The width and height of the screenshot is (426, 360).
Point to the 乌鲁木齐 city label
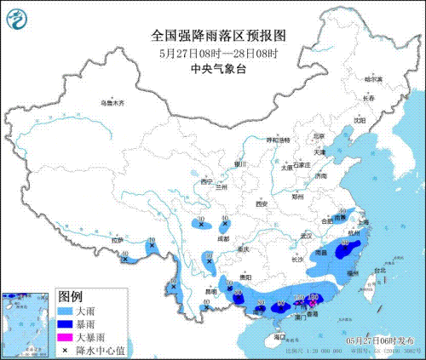coord(112,103)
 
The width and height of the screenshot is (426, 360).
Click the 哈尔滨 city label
coord(374,78)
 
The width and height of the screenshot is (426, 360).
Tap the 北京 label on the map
coord(319,134)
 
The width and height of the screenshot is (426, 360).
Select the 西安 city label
coord(262,204)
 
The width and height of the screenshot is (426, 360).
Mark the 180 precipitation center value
coord(313,297)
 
